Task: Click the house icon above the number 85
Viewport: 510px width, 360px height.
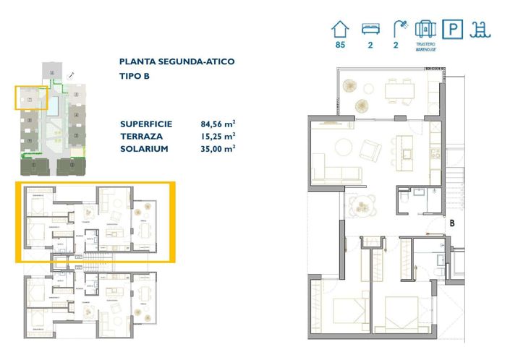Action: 339,30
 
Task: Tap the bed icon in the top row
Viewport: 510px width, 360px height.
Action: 370,30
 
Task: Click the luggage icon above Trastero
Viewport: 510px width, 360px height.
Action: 426,29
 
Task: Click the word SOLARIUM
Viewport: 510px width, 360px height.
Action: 145,148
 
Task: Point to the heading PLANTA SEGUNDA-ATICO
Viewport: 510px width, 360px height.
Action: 177,62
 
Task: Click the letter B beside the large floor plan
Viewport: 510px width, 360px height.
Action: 451,223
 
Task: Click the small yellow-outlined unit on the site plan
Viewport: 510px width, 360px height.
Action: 31,98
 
